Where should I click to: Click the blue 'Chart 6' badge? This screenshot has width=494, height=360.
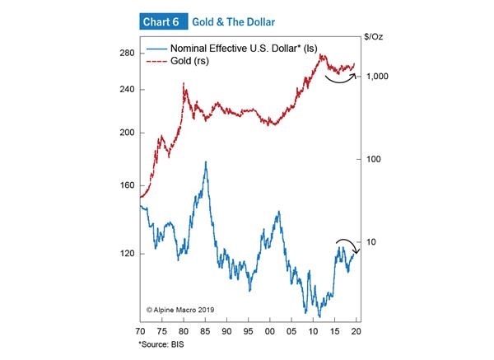coord(164,21)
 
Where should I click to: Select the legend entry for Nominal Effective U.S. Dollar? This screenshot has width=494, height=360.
coord(239,49)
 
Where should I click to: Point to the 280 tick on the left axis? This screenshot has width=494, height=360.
coord(127,54)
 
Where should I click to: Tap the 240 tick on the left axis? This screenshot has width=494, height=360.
coord(127,90)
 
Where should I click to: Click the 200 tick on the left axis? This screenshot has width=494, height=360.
coord(127,133)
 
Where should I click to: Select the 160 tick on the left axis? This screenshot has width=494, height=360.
coord(127,185)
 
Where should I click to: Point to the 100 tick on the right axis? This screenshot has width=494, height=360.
coord(374,159)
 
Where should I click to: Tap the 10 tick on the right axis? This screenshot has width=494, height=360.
coord(371,242)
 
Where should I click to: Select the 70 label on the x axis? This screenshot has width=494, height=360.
coord(141,331)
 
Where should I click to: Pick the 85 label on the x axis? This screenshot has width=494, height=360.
coord(206,331)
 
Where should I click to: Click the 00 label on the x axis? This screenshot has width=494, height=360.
coord(270,331)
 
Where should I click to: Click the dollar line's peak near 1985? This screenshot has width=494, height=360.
coord(205,162)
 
